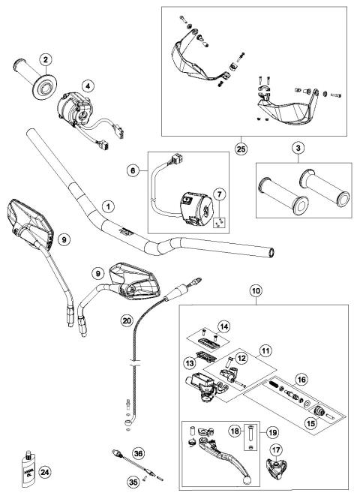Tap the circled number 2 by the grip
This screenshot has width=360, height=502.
pos(45,59)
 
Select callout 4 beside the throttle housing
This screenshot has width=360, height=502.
pos(88,86)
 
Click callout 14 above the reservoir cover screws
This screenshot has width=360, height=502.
pos(222,326)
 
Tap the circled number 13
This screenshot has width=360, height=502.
pos(188,362)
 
